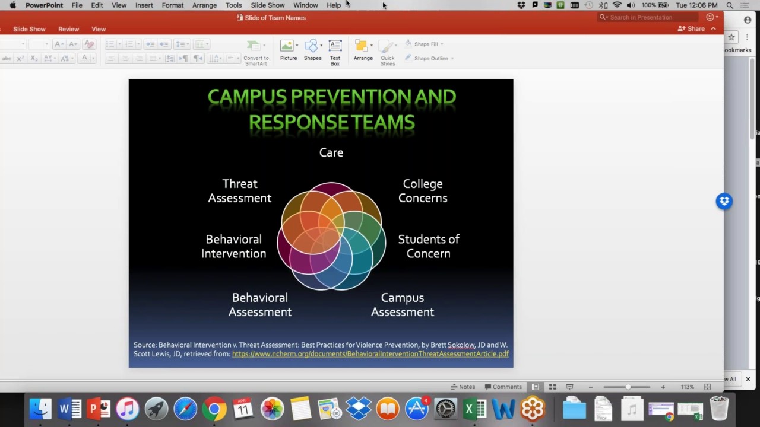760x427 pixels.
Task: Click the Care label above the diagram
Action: point(331,152)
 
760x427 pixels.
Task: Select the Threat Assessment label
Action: point(240,191)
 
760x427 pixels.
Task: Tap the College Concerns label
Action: point(423,191)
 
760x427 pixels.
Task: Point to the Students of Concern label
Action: point(429,246)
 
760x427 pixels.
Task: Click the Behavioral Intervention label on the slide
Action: point(233,246)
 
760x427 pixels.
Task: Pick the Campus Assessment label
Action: point(403,305)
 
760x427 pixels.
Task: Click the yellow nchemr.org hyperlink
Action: point(370,354)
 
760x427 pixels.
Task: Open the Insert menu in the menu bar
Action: point(144,5)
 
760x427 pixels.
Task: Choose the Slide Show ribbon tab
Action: point(29,29)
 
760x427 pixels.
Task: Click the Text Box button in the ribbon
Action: point(335,52)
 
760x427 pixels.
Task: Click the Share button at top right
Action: point(692,28)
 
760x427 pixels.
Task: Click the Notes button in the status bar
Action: point(463,387)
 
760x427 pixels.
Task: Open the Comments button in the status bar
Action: point(503,387)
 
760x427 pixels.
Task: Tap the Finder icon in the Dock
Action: point(40,409)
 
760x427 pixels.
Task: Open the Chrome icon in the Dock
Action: point(214,409)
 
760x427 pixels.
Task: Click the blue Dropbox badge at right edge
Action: point(724,201)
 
